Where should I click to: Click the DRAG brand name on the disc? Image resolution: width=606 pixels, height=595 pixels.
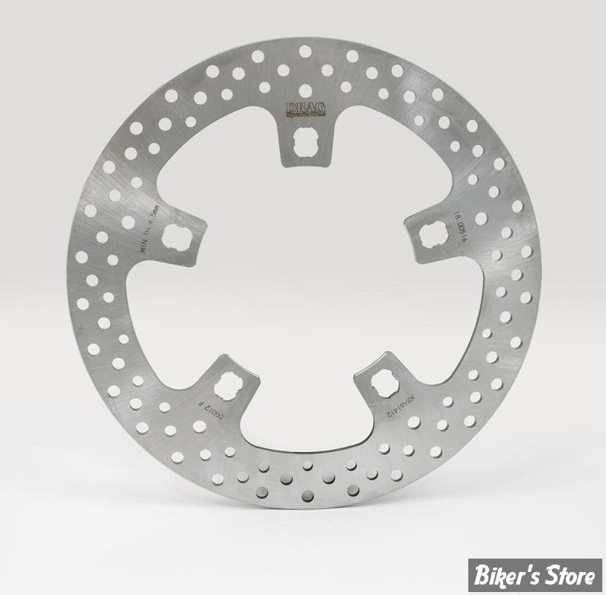point(305,106)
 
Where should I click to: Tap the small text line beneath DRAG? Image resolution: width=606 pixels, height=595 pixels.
point(305,115)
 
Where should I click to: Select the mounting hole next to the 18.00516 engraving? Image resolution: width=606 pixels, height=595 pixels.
point(431,236)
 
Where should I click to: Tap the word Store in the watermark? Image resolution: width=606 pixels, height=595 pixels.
point(576,575)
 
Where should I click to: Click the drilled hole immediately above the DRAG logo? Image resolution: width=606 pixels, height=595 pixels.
point(305,90)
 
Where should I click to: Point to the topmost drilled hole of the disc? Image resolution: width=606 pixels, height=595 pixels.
point(305,51)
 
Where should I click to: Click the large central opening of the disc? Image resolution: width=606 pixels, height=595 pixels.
point(305,290)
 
